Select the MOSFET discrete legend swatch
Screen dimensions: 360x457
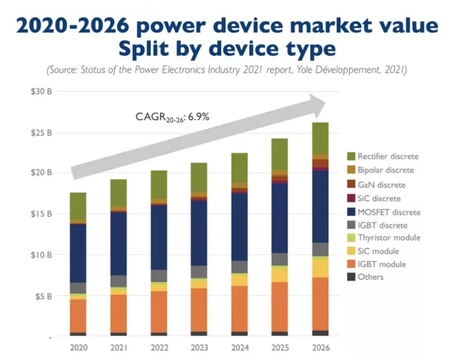[351, 211]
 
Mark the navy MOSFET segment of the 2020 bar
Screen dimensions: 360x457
[78, 253]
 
